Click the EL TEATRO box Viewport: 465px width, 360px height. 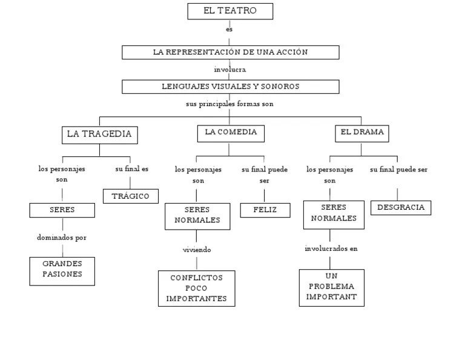coord(230,11)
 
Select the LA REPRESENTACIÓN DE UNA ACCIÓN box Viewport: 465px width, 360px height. coord(230,52)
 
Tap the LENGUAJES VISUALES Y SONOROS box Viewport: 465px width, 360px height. coord(230,87)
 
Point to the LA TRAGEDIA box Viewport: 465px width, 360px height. coord(99,135)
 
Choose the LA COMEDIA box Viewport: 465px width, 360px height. coord(231,133)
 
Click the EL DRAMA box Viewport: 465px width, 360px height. coord(362,133)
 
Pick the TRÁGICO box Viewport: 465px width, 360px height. coord(131,196)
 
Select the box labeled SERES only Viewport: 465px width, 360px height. coord(62,210)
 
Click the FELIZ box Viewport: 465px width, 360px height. coord(265,210)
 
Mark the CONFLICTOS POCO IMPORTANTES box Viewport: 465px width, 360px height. coord(197,288)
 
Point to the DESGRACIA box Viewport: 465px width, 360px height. coord(401,207)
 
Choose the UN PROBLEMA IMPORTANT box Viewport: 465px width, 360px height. coord(332,287)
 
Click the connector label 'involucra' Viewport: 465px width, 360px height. coord(230,70)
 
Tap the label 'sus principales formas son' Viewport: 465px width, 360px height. coord(229,104)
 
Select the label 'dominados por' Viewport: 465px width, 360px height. coord(62,238)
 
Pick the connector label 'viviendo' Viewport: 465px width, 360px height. coord(197,250)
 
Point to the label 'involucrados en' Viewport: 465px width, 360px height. coord(331,248)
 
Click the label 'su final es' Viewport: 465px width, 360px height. coord(132,169)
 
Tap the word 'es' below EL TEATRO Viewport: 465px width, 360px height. coord(229,29)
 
